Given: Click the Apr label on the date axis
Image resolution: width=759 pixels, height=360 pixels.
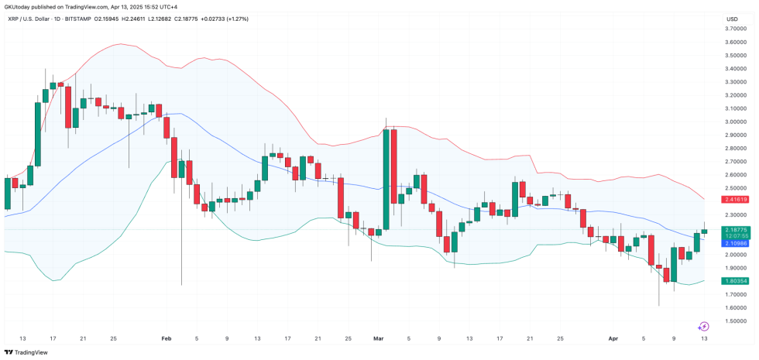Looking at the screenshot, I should (613, 339).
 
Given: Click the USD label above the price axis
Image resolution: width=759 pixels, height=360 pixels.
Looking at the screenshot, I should (732, 19).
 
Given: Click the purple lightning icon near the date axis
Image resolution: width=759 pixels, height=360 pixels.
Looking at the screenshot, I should (704, 327).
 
